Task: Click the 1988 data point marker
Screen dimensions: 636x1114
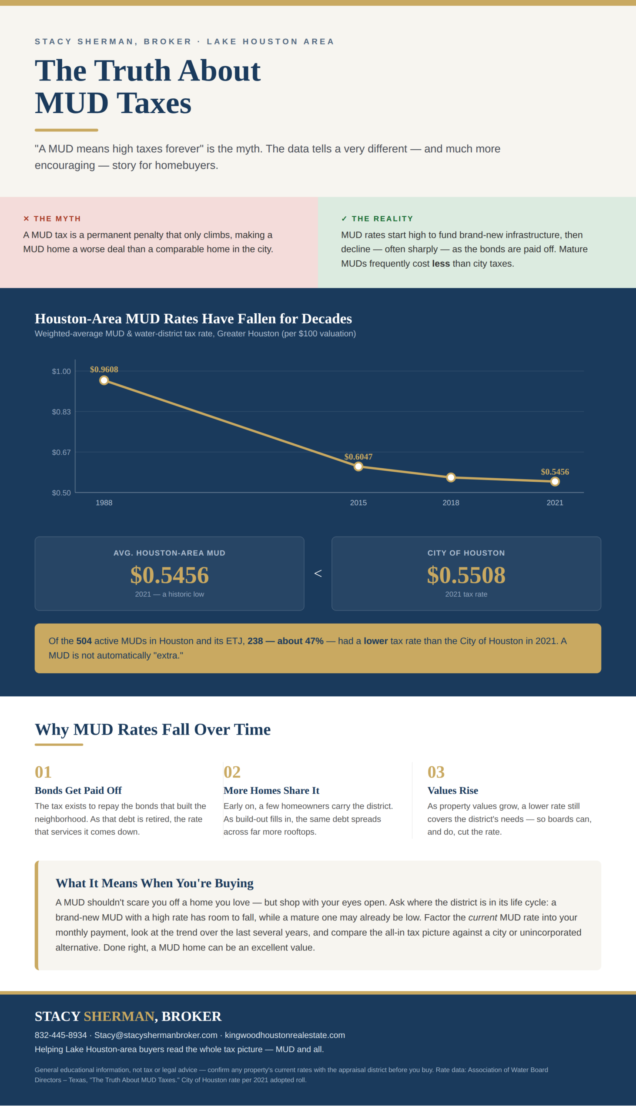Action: pyautogui.click(x=104, y=380)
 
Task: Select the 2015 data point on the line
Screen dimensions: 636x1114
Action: pyautogui.click(x=358, y=466)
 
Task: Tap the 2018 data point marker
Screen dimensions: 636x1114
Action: pyautogui.click(x=451, y=477)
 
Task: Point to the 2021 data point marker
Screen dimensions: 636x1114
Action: pyautogui.click(x=555, y=481)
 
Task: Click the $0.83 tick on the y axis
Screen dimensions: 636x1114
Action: pyautogui.click(x=61, y=412)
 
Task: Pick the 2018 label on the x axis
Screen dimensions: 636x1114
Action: pyautogui.click(x=451, y=503)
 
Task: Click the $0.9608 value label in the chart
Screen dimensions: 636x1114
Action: pyautogui.click(x=104, y=369)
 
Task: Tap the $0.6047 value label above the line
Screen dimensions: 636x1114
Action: pyautogui.click(x=358, y=457)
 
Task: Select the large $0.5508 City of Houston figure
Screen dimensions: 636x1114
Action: pyautogui.click(x=466, y=575)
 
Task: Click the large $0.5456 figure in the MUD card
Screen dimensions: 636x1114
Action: pyautogui.click(x=170, y=575)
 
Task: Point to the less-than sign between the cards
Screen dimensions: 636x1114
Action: pyautogui.click(x=318, y=574)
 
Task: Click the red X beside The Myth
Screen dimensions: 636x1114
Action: pyautogui.click(x=26, y=218)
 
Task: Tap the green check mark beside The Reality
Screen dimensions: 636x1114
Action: pyautogui.click(x=344, y=218)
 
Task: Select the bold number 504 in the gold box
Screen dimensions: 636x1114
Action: pyautogui.click(x=84, y=641)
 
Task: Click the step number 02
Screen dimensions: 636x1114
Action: pyautogui.click(x=232, y=772)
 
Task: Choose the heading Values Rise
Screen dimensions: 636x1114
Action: pyautogui.click(x=452, y=790)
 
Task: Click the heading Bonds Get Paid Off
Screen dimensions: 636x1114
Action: pyautogui.click(x=78, y=790)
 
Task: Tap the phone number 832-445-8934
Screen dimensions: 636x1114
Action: pyautogui.click(x=61, y=1035)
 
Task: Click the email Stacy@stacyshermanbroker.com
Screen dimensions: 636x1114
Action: pyautogui.click(x=156, y=1035)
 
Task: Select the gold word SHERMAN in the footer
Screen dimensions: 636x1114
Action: pyautogui.click(x=119, y=1016)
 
